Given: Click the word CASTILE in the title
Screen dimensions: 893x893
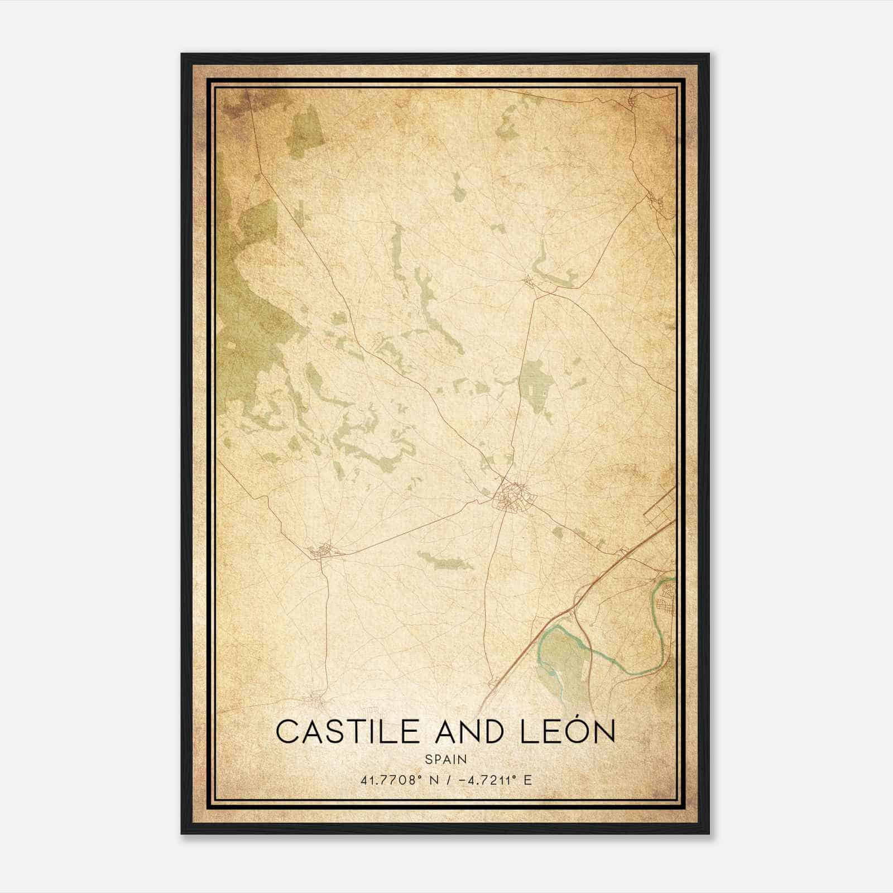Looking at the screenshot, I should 345,732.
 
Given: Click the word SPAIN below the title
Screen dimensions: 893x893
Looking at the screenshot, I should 446,759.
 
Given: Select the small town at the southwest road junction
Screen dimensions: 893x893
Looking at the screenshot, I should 322,551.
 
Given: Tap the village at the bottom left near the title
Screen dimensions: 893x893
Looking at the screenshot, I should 314,698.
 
